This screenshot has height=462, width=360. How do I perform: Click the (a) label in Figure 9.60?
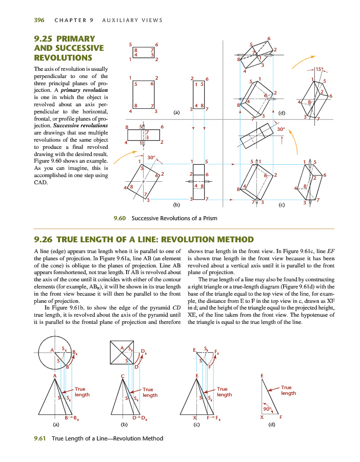(x=177, y=112)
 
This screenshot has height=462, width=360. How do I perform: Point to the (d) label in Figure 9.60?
(x=282, y=112)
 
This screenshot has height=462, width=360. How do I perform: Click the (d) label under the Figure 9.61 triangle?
(x=272, y=425)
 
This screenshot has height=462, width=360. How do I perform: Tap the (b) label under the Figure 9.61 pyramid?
(x=124, y=425)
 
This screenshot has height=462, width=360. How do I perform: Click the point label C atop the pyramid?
(x=122, y=377)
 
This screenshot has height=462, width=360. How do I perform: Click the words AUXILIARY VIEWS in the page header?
(x=133, y=21)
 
